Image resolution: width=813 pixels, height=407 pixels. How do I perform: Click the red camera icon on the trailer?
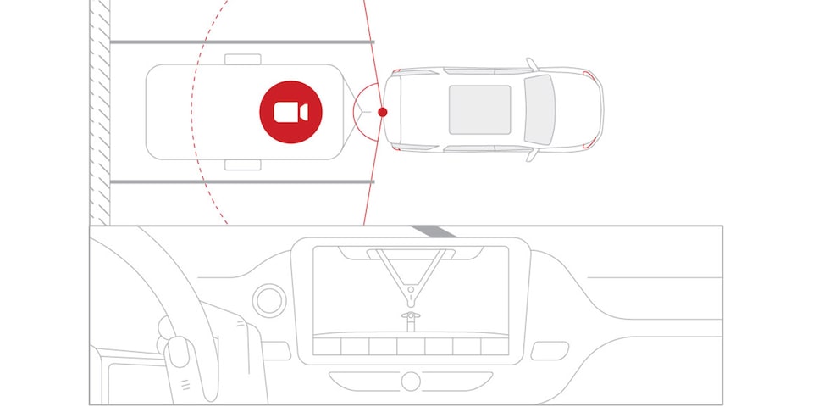point(290,112)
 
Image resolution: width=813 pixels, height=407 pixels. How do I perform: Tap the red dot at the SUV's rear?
point(383,112)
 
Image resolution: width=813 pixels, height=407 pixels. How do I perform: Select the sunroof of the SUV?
point(479,109)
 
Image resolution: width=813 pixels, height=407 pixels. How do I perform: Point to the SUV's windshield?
point(539,110)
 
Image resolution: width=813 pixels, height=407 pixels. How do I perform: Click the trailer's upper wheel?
point(243,59)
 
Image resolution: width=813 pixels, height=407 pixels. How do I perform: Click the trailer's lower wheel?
point(243,164)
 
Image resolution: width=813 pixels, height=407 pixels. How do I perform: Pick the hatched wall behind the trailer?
point(100,110)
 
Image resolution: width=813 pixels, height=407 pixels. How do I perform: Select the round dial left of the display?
point(268,299)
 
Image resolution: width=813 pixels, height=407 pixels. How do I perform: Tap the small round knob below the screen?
point(411,381)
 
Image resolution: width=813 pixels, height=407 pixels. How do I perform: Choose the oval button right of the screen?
point(550,348)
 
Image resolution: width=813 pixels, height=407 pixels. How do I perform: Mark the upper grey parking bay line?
point(241,41)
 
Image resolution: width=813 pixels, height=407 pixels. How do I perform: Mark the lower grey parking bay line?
point(241,181)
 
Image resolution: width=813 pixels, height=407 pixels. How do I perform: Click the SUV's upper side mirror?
point(531,64)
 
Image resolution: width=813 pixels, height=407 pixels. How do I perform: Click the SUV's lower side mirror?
point(531,156)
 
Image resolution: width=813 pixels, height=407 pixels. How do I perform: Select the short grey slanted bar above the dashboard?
point(434,231)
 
